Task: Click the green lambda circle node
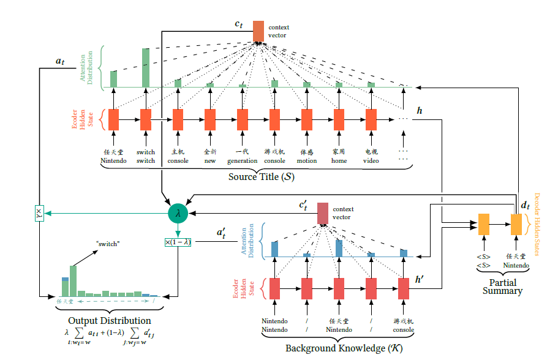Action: (x=178, y=212)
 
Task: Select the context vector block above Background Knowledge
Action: (x=322, y=212)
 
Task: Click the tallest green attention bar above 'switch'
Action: (x=146, y=67)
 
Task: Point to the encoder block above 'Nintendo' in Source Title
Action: (x=114, y=119)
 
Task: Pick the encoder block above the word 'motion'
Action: (x=307, y=119)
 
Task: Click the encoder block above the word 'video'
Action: (x=371, y=119)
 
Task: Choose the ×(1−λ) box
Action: (x=178, y=242)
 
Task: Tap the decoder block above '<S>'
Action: (x=484, y=224)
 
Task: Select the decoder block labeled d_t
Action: (x=516, y=224)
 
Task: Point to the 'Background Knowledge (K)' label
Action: (x=336, y=348)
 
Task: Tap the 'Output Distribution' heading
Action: (x=110, y=320)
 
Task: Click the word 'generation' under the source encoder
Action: (x=243, y=161)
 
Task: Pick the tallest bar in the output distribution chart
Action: (x=74, y=281)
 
